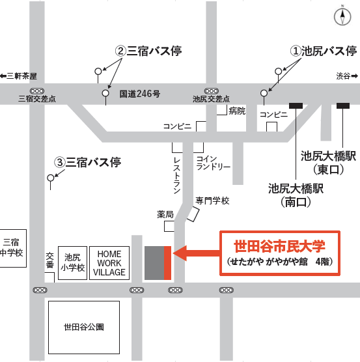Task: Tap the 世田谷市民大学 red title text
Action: coord(279,247)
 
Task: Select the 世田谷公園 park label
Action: coord(84,327)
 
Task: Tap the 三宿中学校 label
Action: coord(12,248)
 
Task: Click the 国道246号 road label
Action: coord(139,94)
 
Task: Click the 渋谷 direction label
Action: coord(342,76)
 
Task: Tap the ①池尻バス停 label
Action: coord(323,51)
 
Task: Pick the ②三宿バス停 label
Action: coord(148,51)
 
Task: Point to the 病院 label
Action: coord(237,111)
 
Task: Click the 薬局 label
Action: coord(165,214)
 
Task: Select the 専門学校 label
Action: coord(212,201)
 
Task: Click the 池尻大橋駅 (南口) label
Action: coord(290,195)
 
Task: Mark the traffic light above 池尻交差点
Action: coord(211,90)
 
